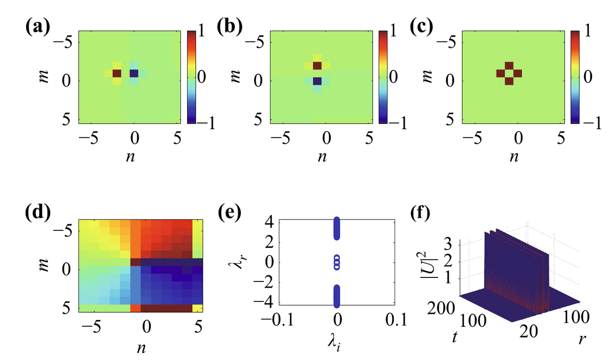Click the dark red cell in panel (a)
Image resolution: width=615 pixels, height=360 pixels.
[116, 74]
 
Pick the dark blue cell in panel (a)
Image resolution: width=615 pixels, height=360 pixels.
[134, 74]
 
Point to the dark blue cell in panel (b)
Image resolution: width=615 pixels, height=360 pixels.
[317, 81]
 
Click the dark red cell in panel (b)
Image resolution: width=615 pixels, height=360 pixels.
[317, 66]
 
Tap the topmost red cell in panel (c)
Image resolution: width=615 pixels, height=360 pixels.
[508, 66]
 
